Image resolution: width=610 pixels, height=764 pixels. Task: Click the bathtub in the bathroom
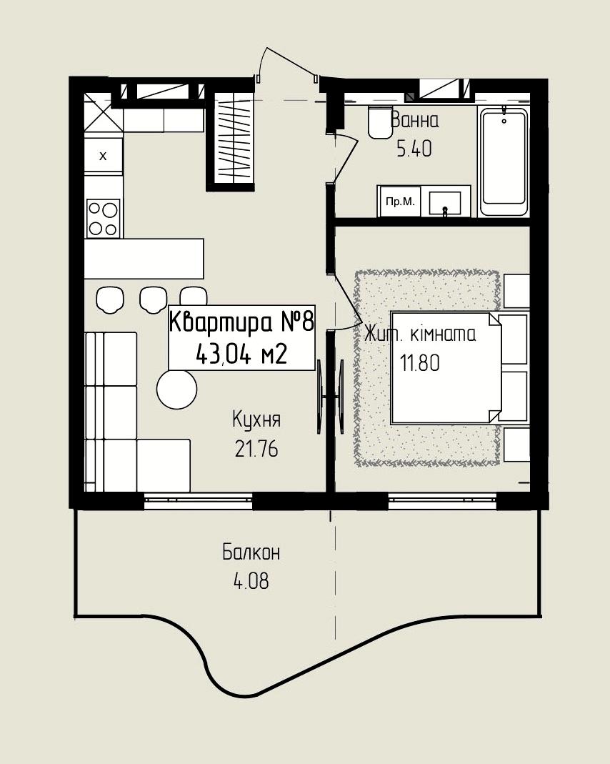(504, 162)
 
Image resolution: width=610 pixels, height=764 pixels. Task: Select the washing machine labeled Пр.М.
(400, 202)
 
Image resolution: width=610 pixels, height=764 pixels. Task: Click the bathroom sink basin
(445, 203)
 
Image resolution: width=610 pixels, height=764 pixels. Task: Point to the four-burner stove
(103, 218)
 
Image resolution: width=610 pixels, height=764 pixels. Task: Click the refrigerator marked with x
(103, 155)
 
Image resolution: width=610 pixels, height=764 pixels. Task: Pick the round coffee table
(176, 389)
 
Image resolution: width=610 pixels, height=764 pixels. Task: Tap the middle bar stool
(154, 299)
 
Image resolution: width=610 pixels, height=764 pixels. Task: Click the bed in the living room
(446, 367)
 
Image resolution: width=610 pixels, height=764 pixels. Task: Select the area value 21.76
(256, 449)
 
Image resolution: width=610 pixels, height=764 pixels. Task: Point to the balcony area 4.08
(251, 581)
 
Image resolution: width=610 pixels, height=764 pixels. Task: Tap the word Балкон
(251, 552)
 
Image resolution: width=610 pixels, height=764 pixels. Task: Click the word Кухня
(256, 420)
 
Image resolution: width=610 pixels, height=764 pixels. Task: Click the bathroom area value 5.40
(414, 149)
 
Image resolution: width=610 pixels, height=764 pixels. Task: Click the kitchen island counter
(144, 258)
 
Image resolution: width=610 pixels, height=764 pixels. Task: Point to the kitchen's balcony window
(199, 501)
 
